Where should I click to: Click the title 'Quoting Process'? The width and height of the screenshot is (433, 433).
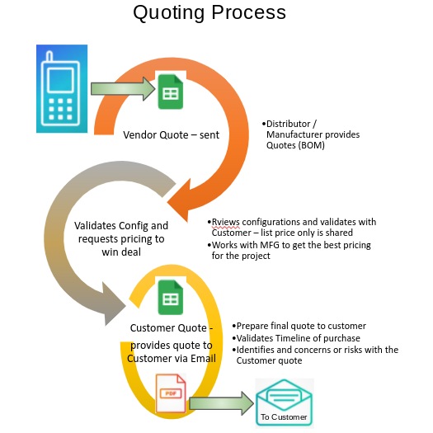(x=209, y=13)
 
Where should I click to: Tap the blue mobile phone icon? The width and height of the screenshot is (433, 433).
(x=62, y=89)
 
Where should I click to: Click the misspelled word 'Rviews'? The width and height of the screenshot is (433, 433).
(x=225, y=221)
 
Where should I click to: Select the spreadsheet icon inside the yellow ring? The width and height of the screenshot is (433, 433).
(x=171, y=297)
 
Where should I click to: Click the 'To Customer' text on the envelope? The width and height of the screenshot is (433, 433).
(x=284, y=417)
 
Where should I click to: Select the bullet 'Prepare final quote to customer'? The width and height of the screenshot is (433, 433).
(x=299, y=326)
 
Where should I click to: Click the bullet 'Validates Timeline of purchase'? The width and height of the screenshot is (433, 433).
(x=299, y=338)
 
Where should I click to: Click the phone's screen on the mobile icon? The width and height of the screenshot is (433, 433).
(x=62, y=79)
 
